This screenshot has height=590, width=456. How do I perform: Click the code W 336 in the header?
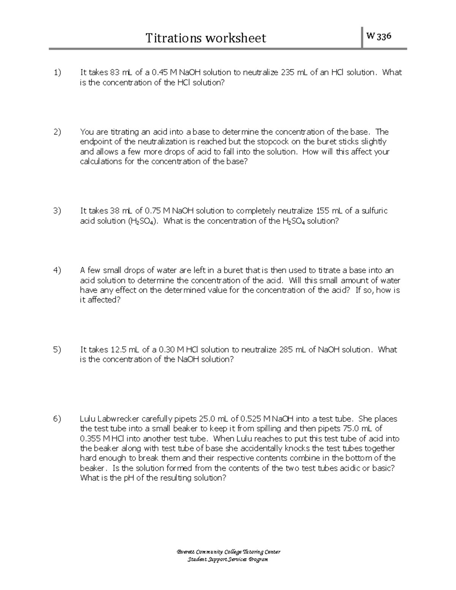point(378,36)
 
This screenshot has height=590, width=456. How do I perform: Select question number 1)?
point(57,72)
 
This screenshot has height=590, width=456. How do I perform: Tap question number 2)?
point(57,132)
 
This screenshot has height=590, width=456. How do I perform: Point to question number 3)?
point(57,211)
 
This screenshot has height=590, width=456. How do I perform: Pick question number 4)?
point(57,270)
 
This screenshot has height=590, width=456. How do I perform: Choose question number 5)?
point(57,350)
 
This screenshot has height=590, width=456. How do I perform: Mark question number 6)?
point(57,419)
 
